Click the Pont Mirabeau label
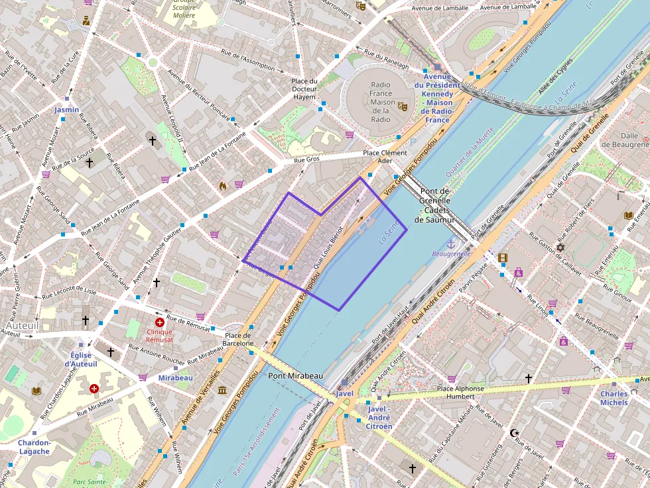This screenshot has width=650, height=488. coord(295,375)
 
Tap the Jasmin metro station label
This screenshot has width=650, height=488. coord(66,110)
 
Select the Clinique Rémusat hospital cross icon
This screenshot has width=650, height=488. coord(159,322)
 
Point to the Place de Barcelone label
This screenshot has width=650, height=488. coord(237,339)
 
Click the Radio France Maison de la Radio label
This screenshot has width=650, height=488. coord(381,102)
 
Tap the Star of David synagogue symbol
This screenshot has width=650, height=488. coord(560,248)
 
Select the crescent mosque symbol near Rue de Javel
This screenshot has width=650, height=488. coord(513,433)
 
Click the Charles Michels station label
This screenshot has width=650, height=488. coord(614,398)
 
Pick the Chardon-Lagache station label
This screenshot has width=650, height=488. coord(34,447)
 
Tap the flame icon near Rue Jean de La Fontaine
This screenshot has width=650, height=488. coord(223,186)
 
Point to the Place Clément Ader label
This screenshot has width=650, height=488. coord(385,157)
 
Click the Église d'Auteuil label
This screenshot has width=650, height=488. coord(81,360)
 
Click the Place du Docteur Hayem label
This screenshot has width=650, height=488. coord(304,89)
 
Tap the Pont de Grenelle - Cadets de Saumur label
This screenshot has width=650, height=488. coord(435,205)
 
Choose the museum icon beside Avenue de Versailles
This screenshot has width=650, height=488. coord(221,389)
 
